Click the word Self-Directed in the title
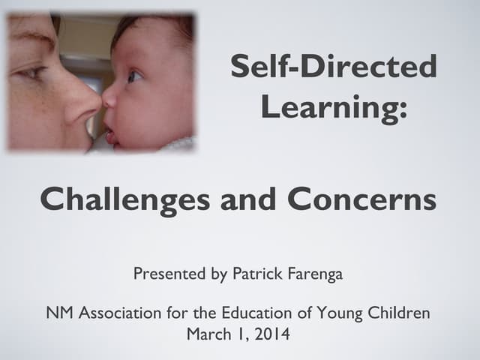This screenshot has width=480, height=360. click(333, 67)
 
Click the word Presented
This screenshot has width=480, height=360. click(169, 274)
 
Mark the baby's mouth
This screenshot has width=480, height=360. click(111, 134)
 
